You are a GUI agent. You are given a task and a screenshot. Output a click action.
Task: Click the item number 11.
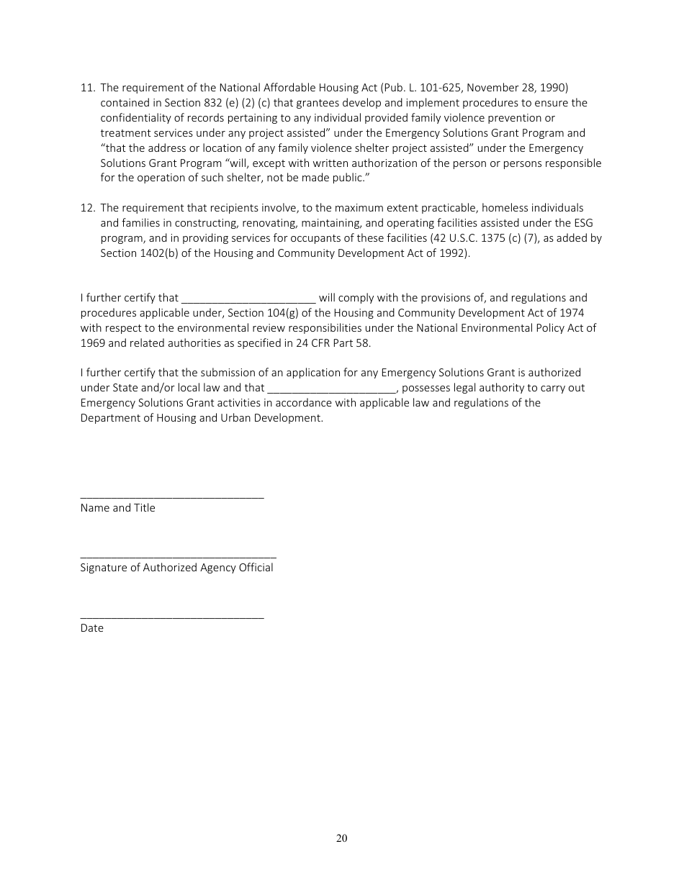coord(87,88)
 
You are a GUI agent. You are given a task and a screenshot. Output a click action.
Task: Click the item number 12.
coord(87,208)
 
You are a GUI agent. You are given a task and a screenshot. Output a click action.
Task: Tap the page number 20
coord(342,838)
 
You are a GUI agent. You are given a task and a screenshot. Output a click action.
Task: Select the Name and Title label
coord(117,508)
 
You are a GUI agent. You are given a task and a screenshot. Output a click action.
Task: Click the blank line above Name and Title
coord(172,496)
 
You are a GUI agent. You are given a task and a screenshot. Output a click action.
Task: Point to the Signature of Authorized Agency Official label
coord(176,568)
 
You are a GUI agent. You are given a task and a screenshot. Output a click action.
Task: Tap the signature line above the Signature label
coord(178,556)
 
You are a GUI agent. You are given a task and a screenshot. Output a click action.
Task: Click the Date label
coord(91,628)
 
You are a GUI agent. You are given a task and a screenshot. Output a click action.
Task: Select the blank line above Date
coord(172,617)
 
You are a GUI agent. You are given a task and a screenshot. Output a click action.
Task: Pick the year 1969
coord(93,343)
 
